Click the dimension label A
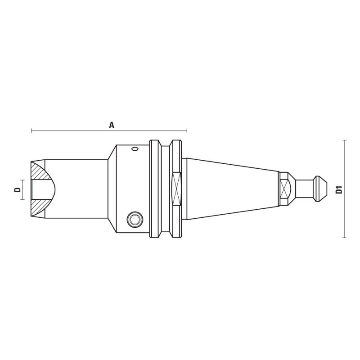point(112,125)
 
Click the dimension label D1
point(339,189)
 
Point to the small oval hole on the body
point(135,149)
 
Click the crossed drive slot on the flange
point(176,189)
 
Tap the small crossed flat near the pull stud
point(284,189)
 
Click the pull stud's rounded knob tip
point(321,189)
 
